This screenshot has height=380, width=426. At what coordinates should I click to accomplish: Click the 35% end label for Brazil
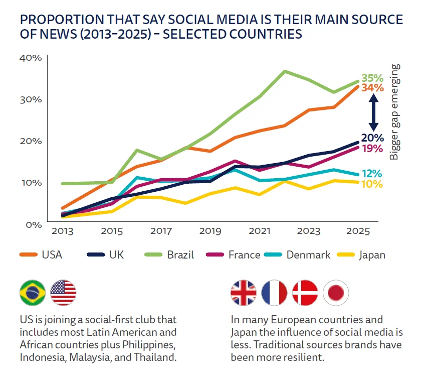coord(372,78)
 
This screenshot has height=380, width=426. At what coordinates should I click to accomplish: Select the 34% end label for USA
coord(372,88)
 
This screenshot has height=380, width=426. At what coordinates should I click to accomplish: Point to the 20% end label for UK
coord(372,138)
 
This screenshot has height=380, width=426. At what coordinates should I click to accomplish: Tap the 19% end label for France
coord(372,149)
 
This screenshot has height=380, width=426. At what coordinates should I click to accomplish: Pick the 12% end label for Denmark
coord(372,174)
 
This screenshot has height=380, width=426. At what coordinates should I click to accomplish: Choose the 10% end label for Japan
coord(372,184)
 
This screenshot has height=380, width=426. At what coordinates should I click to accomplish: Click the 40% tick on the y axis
coord(30,57)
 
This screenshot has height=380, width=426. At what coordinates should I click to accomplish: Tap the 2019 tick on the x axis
coord(210,232)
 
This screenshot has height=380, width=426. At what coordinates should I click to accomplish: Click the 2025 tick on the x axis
coord(358,232)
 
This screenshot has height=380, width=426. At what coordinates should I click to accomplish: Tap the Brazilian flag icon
coord(32,293)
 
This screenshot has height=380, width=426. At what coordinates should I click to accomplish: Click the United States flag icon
coord(63,293)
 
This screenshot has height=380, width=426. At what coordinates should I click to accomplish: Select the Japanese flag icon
coord(336,293)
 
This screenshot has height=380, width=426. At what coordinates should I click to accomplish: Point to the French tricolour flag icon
coord(274,293)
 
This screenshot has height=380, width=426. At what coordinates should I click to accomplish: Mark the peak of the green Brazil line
coord(284,71)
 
